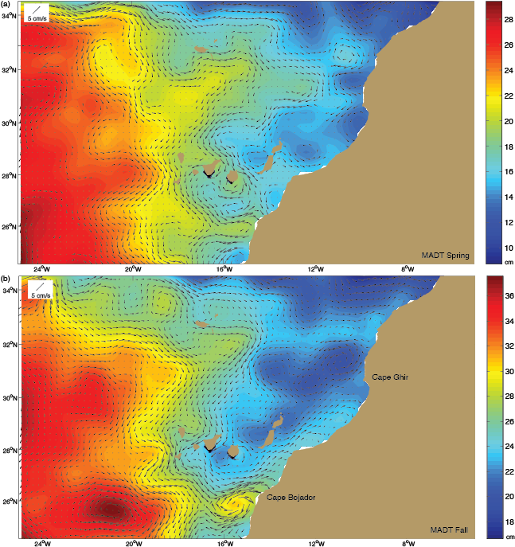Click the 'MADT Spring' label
click(x=445, y=256)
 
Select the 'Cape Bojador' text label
click(x=291, y=498)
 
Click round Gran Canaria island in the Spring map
click(x=234, y=178)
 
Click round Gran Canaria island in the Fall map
click(x=234, y=451)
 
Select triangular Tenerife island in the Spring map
click(x=212, y=168)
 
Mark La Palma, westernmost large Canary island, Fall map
click(x=181, y=432)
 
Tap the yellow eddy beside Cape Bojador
click(x=234, y=503)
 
